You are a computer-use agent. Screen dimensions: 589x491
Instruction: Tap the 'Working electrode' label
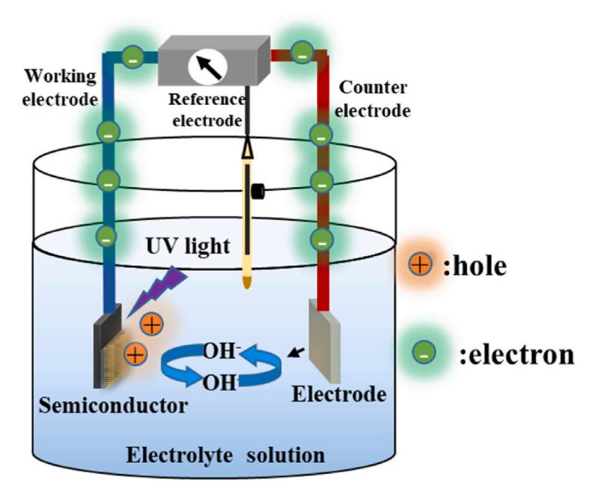click(60, 88)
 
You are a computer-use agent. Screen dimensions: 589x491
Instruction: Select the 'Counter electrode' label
click(373, 100)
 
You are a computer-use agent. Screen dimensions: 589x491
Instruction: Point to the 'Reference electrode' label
click(207, 110)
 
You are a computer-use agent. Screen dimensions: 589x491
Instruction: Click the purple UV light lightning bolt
click(158, 290)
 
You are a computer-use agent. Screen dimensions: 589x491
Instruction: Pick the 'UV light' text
click(188, 246)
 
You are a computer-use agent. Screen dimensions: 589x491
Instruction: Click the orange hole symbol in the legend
click(421, 264)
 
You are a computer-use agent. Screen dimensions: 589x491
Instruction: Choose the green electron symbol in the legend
click(424, 353)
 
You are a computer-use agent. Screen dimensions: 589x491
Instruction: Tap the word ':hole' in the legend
click(475, 266)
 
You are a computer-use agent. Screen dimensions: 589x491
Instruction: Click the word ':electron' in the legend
click(517, 354)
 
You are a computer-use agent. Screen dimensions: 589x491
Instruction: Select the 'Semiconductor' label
click(113, 406)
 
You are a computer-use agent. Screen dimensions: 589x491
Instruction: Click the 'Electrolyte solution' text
click(225, 455)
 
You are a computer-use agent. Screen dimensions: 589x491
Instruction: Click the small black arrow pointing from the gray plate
click(296, 353)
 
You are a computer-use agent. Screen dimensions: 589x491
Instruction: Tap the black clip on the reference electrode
click(258, 191)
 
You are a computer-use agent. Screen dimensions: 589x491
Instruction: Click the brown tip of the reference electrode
click(246, 282)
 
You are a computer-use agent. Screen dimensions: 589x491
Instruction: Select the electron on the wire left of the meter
click(132, 57)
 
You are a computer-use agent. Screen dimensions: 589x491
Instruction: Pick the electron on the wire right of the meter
click(302, 52)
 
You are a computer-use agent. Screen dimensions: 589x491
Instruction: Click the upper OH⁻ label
click(222, 352)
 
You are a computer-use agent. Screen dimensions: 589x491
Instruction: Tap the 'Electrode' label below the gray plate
click(339, 394)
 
